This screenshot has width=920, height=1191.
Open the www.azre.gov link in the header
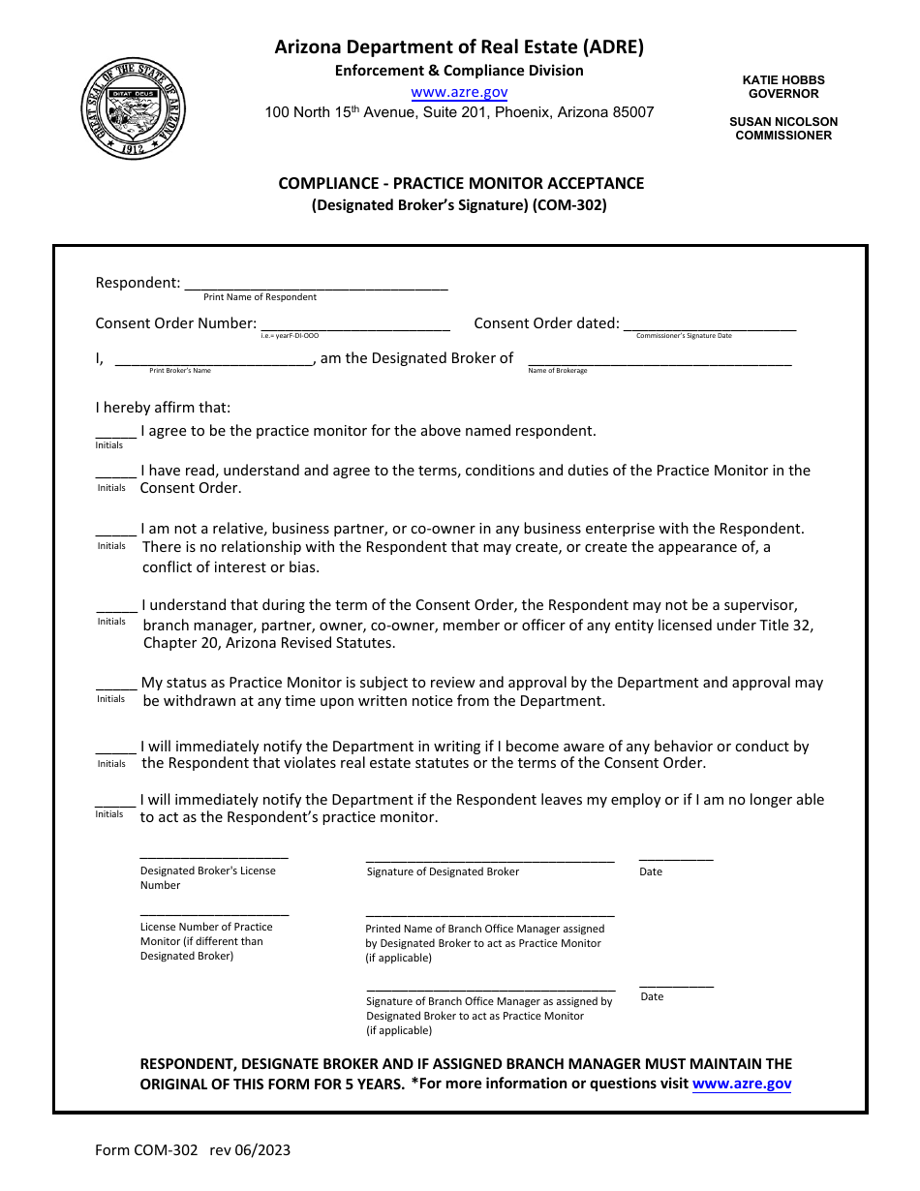pos(459,92)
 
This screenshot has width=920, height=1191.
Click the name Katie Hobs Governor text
pos(783,87)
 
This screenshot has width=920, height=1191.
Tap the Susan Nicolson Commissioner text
pos(783,129)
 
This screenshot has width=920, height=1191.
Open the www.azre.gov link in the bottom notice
pos(742,1084)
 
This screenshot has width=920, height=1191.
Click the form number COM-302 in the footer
pos(146,1150)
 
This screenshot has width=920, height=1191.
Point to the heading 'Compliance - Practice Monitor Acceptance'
pos(461,183)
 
